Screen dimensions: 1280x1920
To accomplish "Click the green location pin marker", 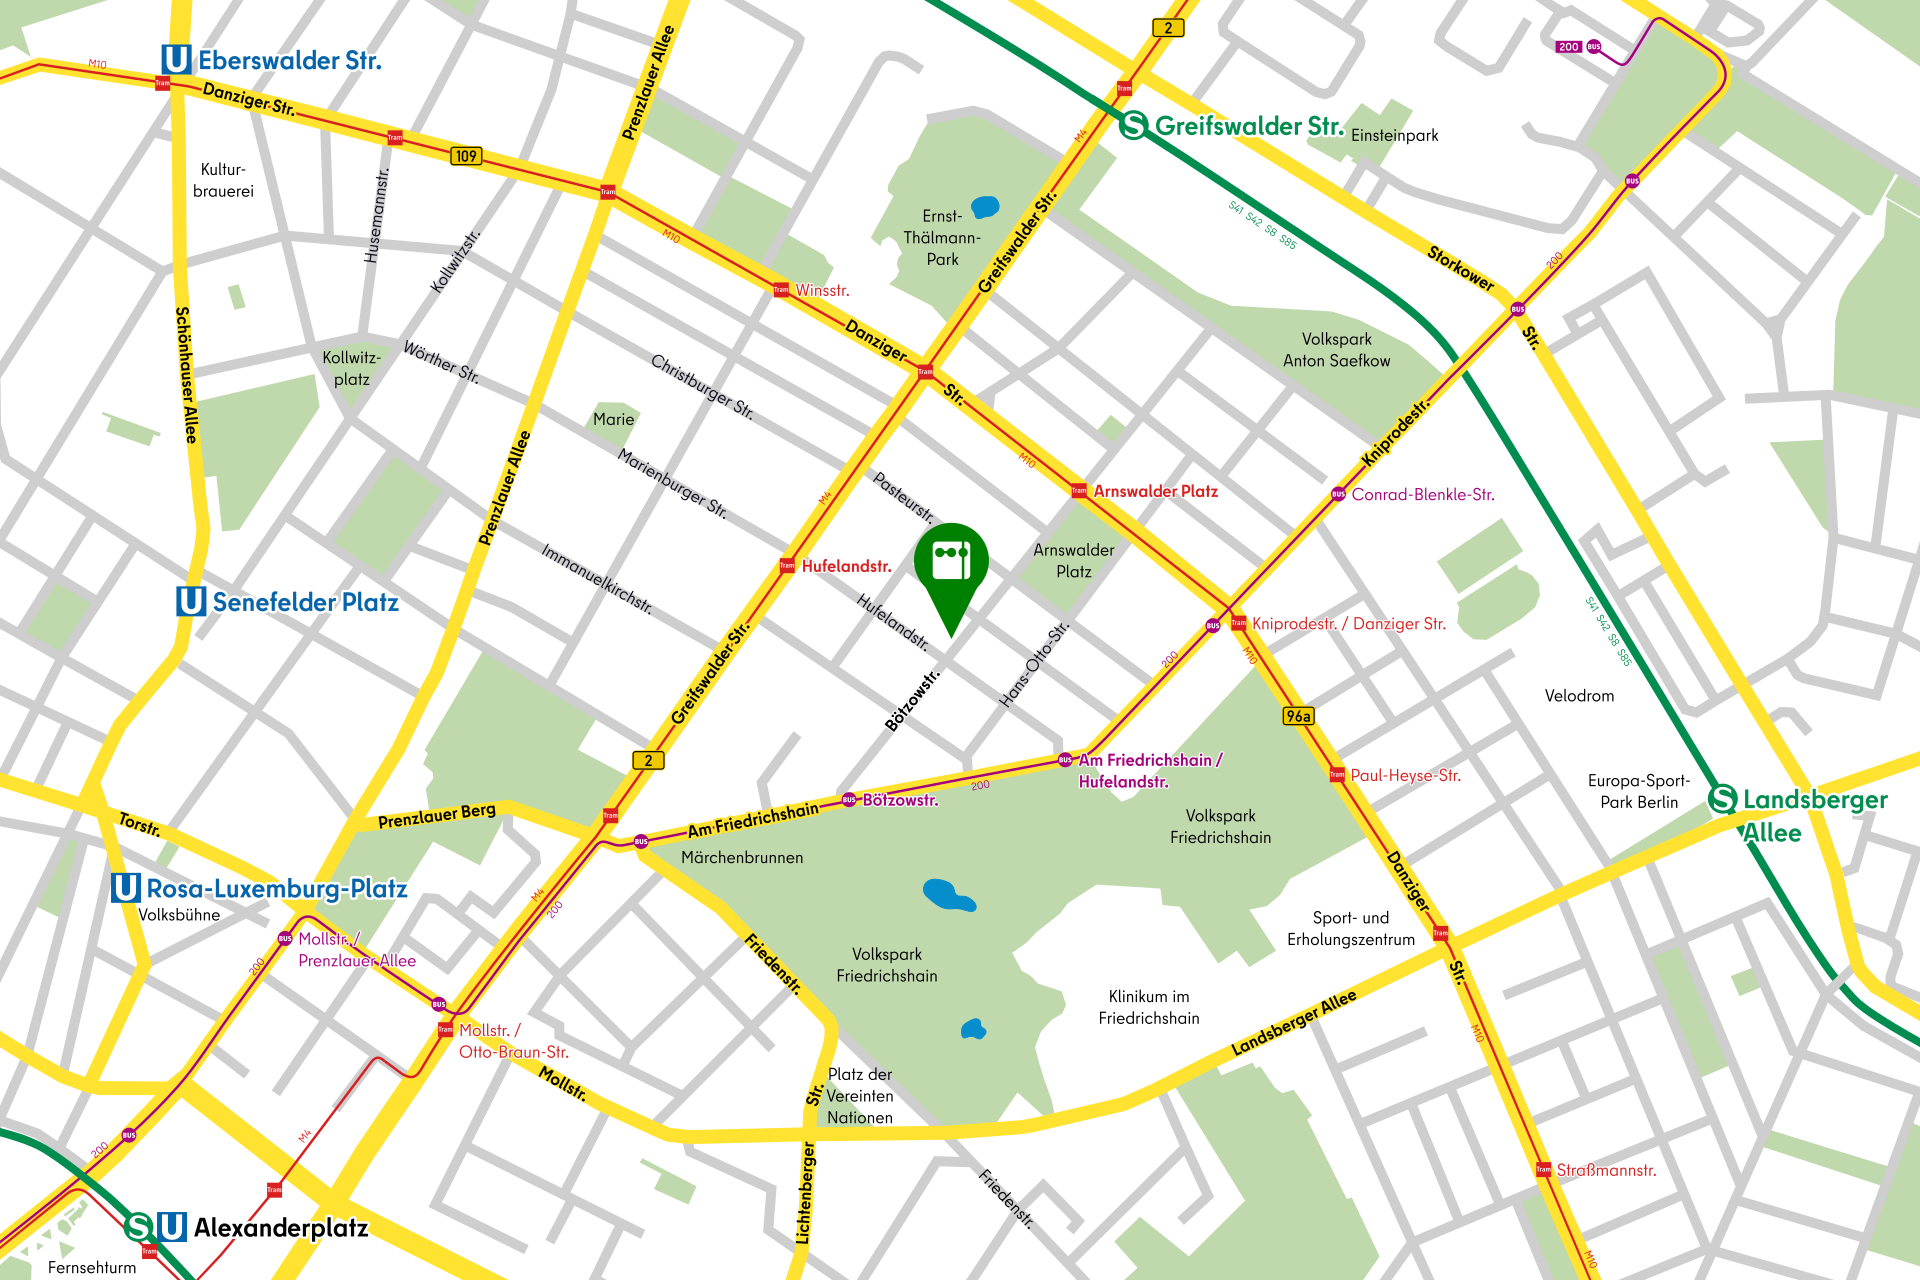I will tap(951, 566).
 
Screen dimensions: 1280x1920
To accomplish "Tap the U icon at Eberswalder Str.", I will tap(176, 60).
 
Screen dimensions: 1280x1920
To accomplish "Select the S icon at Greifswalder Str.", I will tap(1133, 126).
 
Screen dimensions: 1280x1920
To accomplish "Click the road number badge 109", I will tap(466, 156).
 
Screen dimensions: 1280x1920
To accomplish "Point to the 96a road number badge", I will tap(1298, 716).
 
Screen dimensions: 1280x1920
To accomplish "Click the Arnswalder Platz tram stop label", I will tap(1155, 491).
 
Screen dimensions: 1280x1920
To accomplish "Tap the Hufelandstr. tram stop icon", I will tap(787, 566).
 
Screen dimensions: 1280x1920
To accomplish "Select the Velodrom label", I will tap(1579, 696).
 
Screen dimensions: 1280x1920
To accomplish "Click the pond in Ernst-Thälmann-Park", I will tap(985, 207).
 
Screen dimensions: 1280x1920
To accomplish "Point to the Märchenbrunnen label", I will tap(742, 857).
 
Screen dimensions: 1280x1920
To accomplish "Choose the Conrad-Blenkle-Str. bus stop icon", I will tap(1338, 494).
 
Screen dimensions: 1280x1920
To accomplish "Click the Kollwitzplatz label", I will tap(352, 368).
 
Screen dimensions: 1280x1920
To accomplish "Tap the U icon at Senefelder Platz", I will tap(191, 601).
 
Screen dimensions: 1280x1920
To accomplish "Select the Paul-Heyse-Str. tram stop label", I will tap(1405, 775).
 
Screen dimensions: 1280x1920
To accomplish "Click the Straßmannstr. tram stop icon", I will tap(1543, 1169).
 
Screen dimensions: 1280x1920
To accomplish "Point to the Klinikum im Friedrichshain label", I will tap(1149, 1007).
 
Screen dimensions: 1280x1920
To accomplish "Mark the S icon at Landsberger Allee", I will tap(1723, 799).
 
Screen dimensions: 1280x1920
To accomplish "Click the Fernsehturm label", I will tap(92, 1267).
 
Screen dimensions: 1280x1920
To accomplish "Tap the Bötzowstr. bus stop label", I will tap(900, 800).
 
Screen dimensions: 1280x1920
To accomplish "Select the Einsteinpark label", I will tap(1394, 135).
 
